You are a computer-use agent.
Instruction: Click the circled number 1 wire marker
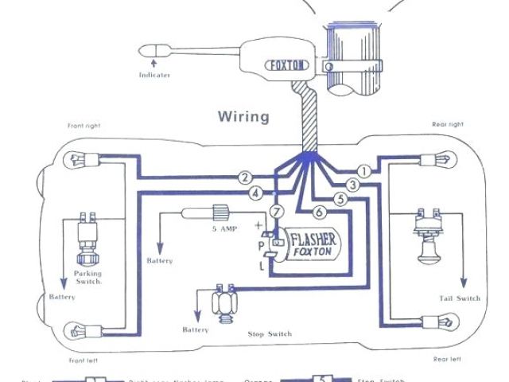coord(364,171)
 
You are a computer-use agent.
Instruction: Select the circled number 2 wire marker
coord(246,177)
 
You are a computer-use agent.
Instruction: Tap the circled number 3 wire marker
coord(353,185)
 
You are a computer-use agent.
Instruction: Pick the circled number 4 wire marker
coord(254,193)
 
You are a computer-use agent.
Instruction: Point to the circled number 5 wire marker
coord(340,199)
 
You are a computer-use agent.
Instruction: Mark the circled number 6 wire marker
coord(318,212)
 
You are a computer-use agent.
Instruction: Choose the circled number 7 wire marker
coord(275,212)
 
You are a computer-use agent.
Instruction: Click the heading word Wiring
coord(243,116)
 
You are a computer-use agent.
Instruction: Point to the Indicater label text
coord(155,75)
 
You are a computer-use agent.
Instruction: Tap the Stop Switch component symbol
coord(224,302)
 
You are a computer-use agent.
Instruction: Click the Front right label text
coord(85,125)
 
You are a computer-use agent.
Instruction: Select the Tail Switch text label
coord(460,298)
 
